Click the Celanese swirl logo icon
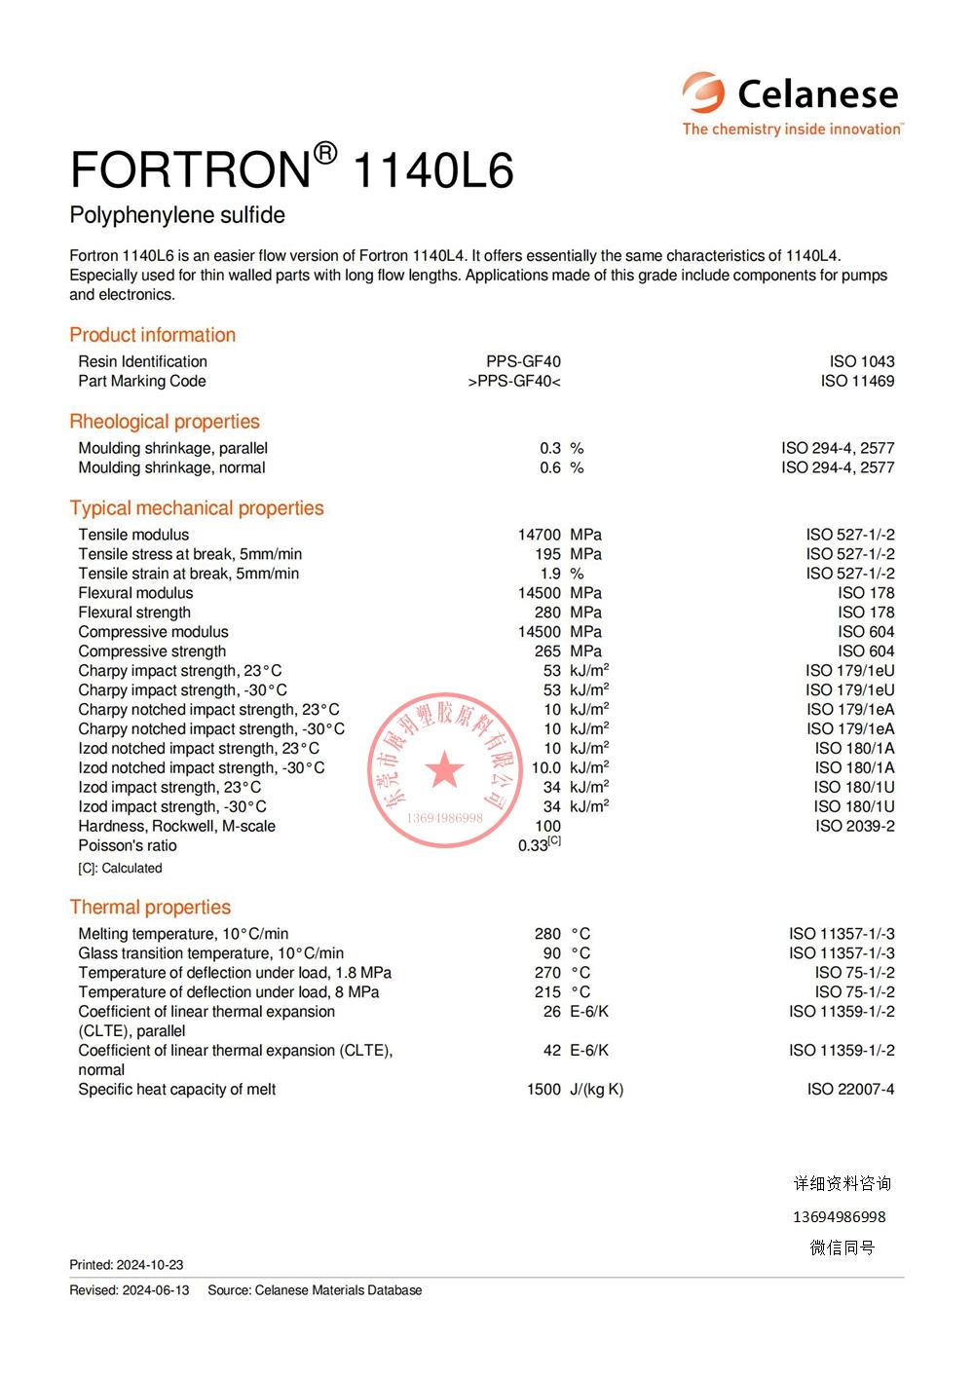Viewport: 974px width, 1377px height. [703, 93]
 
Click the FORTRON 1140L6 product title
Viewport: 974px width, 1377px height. [291, 169]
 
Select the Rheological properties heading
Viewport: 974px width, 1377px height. [165, 422]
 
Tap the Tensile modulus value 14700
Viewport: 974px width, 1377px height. [539, 535]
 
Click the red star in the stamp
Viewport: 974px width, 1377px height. [445, 769]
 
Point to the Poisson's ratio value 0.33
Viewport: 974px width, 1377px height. [534, 845]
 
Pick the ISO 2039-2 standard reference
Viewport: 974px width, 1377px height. [854, 826]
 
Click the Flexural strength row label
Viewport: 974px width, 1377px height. [134, 613]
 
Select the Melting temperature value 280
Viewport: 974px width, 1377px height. [547, 934]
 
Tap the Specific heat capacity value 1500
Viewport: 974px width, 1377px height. [543, 1090]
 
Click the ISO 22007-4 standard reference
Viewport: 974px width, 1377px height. [850, 1090]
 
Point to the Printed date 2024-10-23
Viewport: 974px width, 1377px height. [150, 1265]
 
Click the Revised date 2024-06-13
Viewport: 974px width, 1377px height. [156, 1290]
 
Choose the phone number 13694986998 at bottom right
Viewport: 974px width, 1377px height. [840, 1217]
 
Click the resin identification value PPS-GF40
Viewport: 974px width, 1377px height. [523, 361]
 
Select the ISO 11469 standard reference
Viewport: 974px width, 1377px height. [857, 381]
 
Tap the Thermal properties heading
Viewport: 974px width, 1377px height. [150, 908]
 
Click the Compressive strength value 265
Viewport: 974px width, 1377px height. [547, 651]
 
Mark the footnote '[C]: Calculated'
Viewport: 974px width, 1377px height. [120, 868]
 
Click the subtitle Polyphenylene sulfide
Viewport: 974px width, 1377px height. [177, 215]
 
